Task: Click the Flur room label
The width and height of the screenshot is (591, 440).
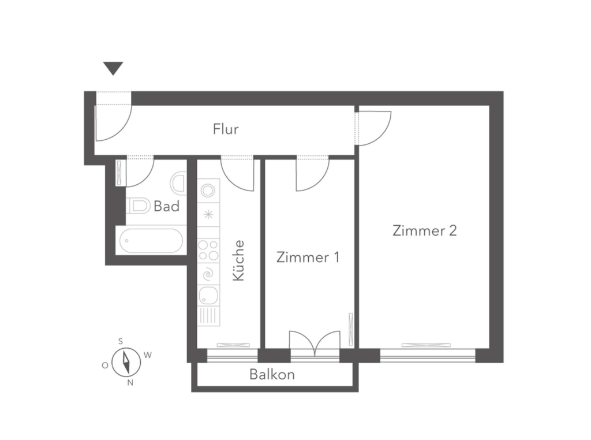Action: (226, 129)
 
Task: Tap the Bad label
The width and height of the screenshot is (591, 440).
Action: (167, 206)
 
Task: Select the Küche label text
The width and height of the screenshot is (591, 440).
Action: (238, 260)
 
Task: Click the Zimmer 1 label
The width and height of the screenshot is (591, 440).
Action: (308, 257)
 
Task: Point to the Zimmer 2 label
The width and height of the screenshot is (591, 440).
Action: (425, 230)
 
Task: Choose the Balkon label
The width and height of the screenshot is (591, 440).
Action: (272, 374)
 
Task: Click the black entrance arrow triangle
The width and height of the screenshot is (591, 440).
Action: (113, 68)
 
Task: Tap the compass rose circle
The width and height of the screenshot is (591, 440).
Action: (126, 362)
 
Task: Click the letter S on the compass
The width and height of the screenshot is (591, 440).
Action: (121, 342)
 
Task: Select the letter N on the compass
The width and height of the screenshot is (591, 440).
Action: (130, 383)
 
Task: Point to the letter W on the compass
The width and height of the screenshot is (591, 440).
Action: (148, 355)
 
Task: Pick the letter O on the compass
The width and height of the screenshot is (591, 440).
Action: (105, 366)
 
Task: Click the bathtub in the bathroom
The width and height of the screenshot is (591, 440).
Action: (151, 241)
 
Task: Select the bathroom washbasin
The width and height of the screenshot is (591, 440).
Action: (178, 184)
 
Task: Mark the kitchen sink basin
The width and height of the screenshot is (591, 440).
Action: (208, 295)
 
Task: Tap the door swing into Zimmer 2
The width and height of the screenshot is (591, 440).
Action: (373, 128)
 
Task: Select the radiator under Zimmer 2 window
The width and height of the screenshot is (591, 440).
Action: (426, 345)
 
